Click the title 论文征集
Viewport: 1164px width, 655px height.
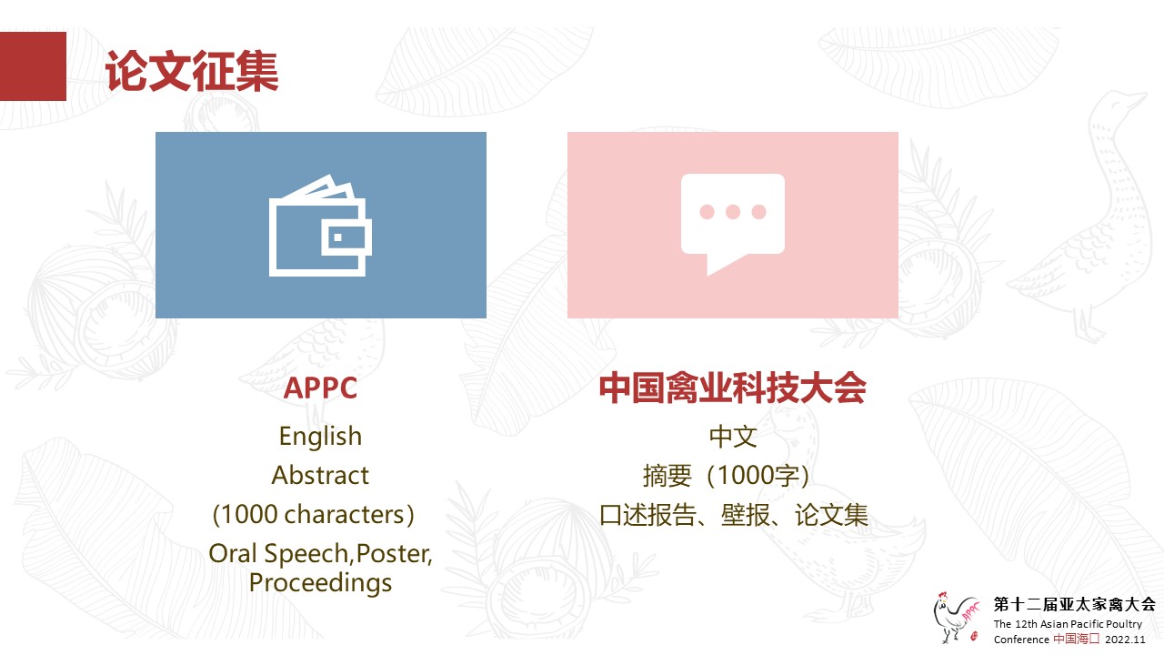(192, 71)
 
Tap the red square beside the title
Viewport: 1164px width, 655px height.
(33, 66)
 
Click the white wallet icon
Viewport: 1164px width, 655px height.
(320, 225)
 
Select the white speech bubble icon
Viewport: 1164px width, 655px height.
(733, 224)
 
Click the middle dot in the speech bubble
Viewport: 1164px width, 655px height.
(733, 212)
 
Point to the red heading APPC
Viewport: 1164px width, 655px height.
(320, 388)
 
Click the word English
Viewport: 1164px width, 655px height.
(320, 436)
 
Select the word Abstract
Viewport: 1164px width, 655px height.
(320, 475)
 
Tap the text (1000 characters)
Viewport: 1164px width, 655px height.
(314, 515)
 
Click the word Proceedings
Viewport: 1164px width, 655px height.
(320, 582)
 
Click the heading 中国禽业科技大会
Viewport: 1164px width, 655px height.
(733, 388)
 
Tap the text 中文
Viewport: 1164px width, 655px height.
(733, 436)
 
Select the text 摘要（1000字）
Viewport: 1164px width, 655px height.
(727, 475)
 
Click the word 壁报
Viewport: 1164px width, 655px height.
(745, 515)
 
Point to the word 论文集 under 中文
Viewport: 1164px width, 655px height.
(831, 515)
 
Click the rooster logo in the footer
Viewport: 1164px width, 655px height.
(956, 618)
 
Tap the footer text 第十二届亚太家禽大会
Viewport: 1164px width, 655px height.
(1075, 604)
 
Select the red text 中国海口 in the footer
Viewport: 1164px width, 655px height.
(1076, 639)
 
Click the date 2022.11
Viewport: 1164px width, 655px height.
(1125, 640)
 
